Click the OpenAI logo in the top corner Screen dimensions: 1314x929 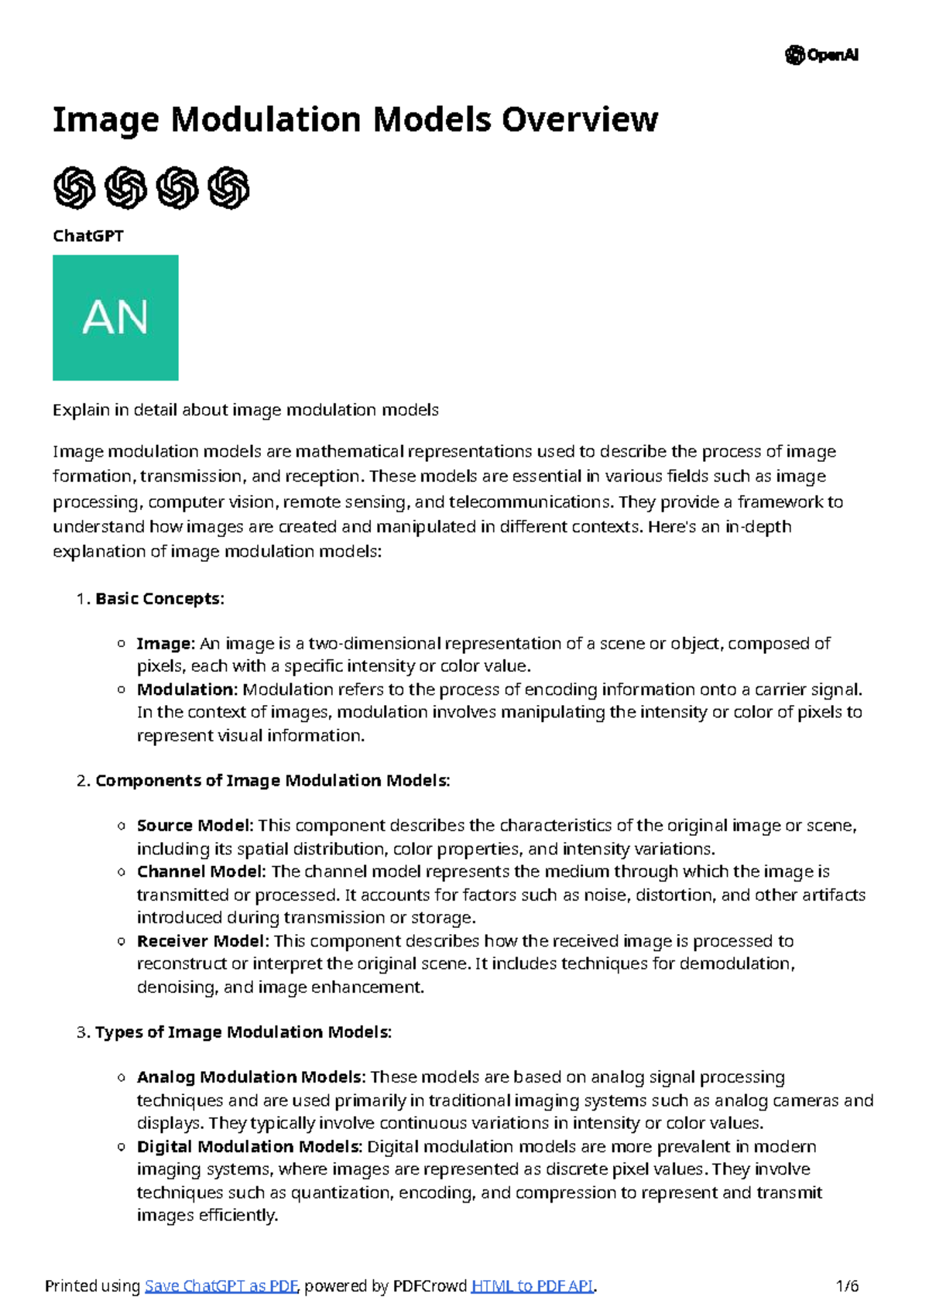tap(821, 55)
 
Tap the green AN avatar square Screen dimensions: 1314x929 tap(115, 317)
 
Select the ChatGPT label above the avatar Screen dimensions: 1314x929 tap(87, 236)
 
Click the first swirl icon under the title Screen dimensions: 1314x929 tap(74, 188)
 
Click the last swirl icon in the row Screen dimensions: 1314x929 tap(228, 188)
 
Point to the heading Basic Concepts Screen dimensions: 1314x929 tap(159, 598)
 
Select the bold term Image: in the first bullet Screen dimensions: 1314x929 tap(165, 644)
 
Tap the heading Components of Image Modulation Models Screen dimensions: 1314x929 tap(272, 780)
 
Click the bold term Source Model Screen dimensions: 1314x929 tap(195, 826)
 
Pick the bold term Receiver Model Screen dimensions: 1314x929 tap(203, 941)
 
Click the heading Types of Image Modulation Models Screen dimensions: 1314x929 tap(242, 1032)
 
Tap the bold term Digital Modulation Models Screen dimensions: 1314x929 tap(249, 1146)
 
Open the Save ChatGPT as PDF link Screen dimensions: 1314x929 tap(221, 1286)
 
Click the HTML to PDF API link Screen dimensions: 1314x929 tap(532, 1286)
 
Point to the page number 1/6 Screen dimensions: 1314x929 tap(848, 1286)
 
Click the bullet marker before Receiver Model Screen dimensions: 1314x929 tap(122, 941)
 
